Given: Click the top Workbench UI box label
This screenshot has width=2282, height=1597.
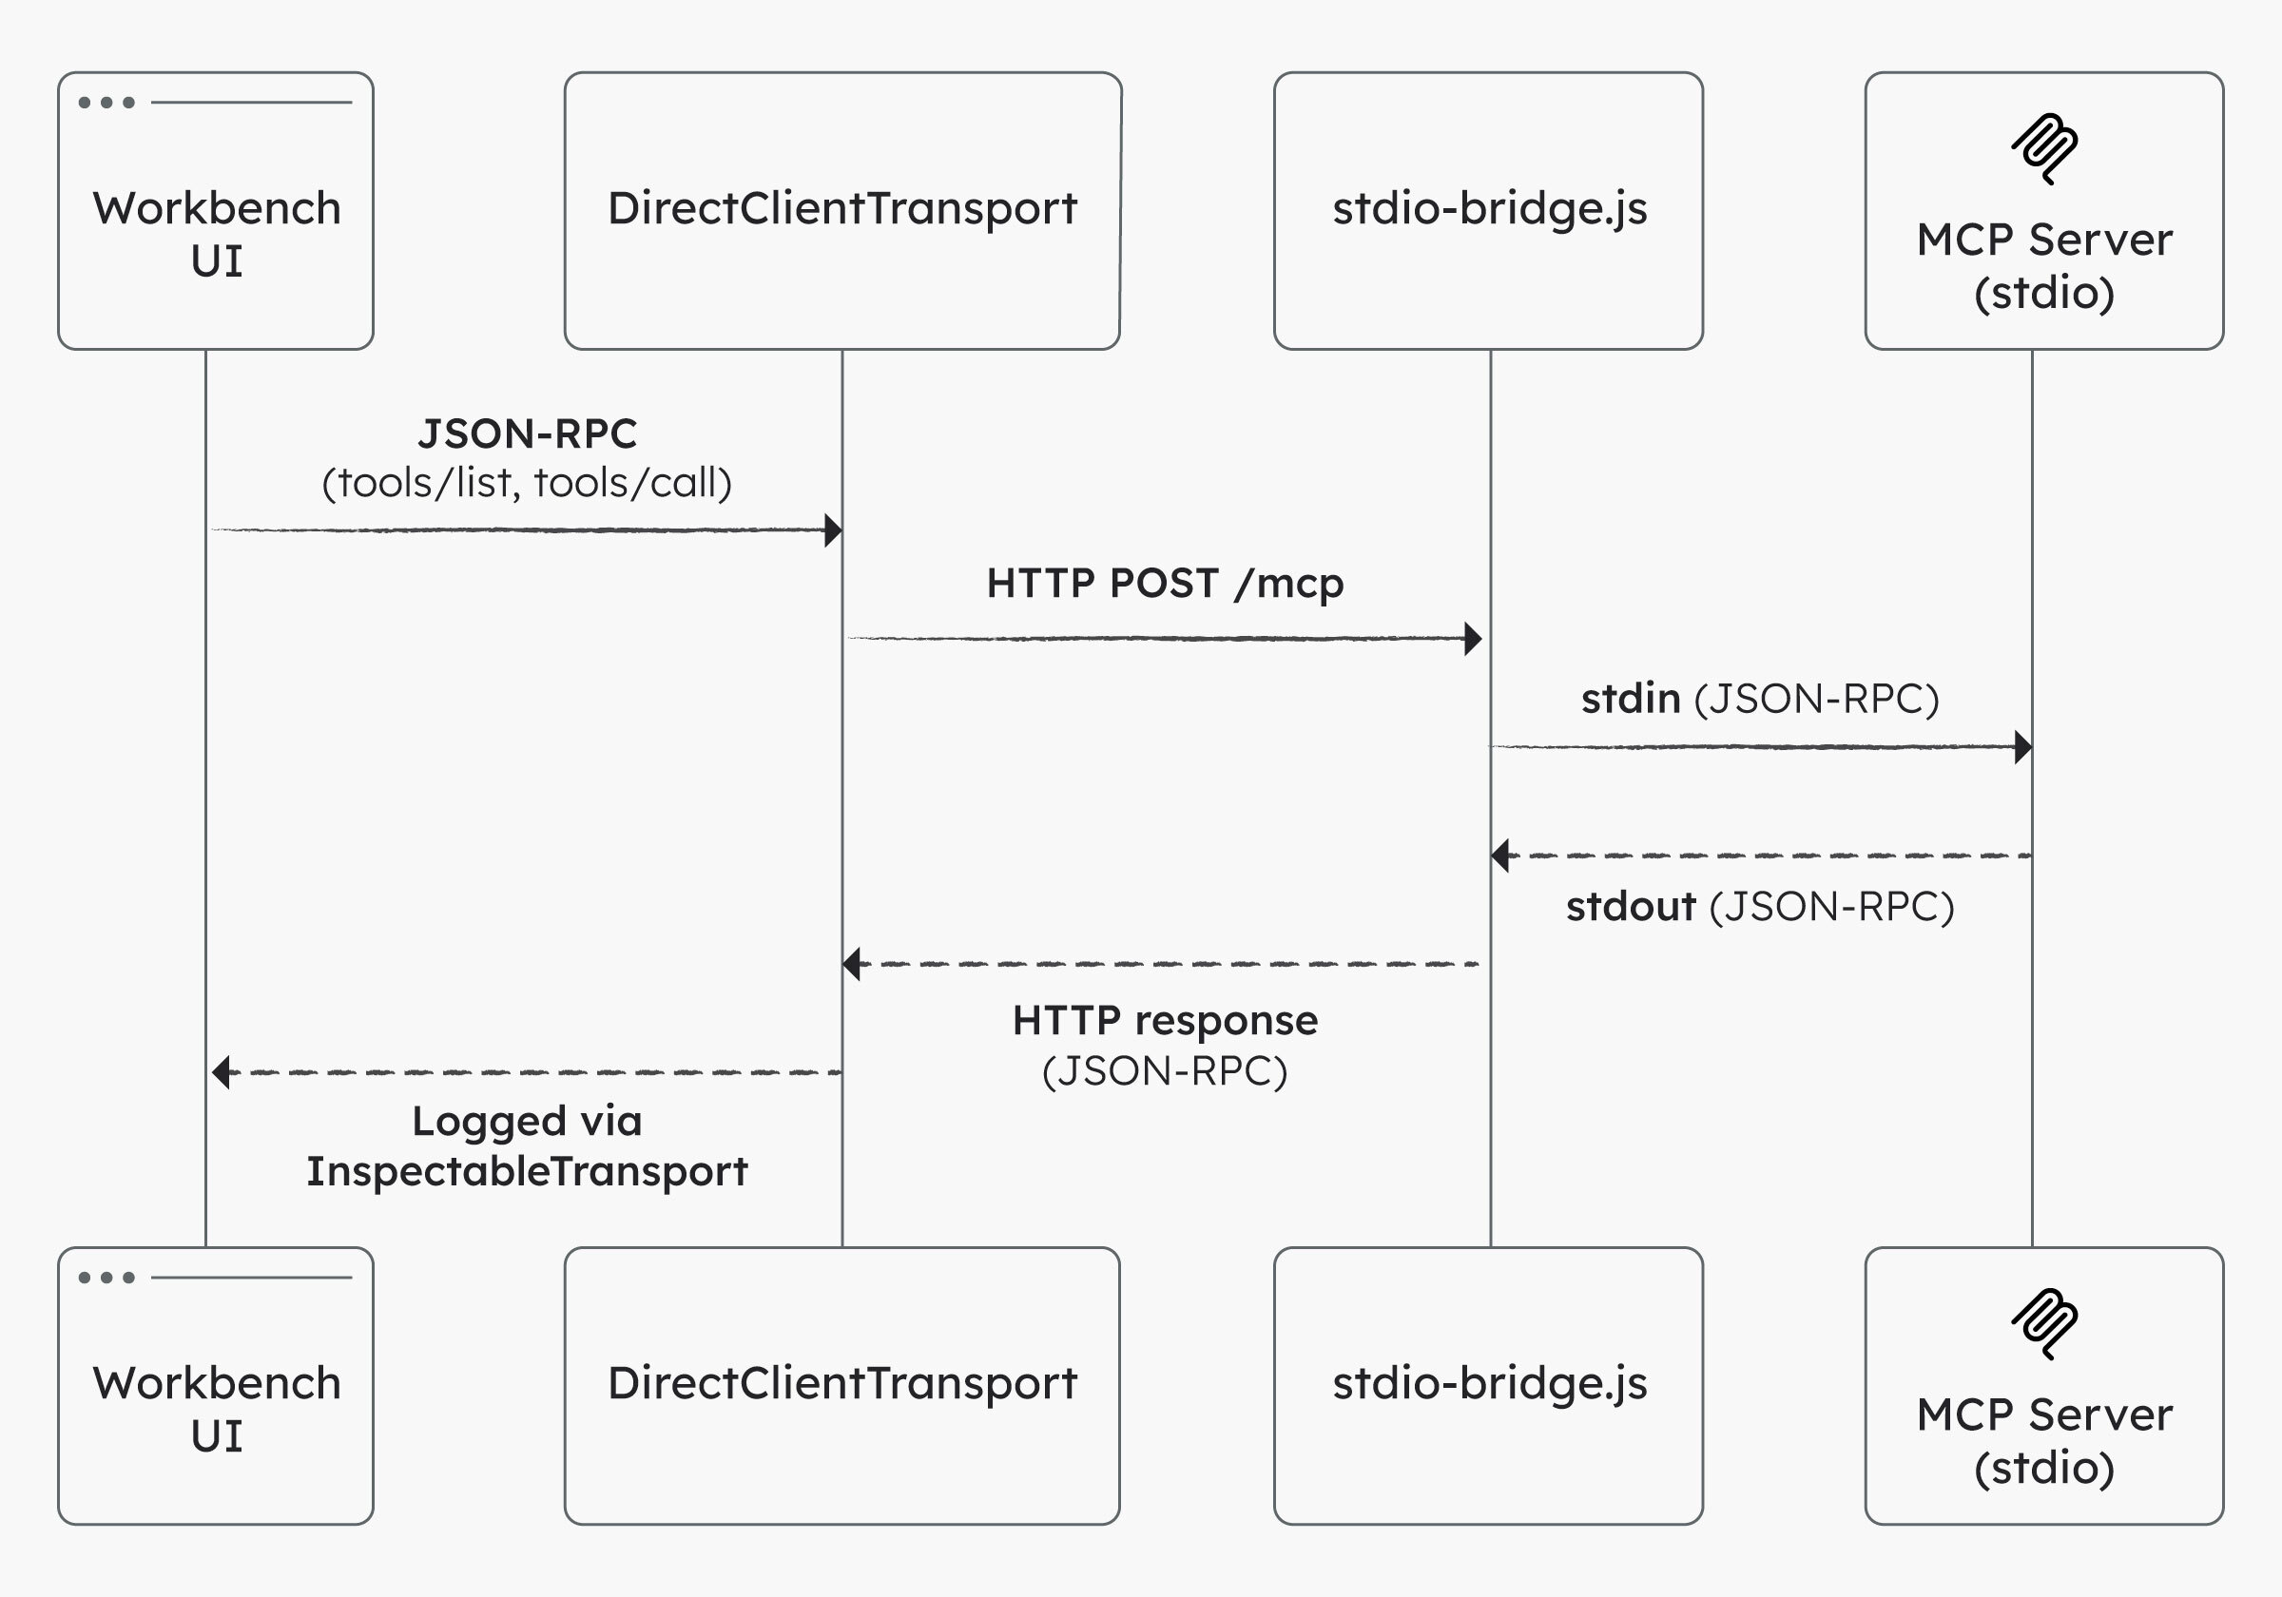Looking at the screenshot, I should point(217,235).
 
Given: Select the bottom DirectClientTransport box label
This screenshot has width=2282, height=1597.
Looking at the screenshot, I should point(841,1382).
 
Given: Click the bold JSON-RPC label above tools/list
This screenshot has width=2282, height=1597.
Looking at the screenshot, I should point(527,433).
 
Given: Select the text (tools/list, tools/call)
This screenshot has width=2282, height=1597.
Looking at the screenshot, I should point(527,483).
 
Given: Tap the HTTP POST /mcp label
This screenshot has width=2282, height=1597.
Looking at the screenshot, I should point(1165,584).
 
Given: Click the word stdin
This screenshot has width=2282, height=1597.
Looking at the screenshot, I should point(1630,699).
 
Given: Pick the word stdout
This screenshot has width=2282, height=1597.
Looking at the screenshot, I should point(1630,906).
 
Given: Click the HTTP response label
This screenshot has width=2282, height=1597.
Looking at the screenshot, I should point(1165,1021).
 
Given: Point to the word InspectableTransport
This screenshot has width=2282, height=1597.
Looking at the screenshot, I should point(527,1171).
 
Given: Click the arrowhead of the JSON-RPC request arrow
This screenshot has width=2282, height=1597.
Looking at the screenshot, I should point(833,529).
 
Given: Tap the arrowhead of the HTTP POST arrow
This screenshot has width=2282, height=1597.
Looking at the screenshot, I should point(1473,638).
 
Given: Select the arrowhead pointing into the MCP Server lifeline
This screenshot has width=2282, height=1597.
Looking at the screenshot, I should point(2022,746).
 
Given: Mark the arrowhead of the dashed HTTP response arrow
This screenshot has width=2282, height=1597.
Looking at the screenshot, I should point(852,963).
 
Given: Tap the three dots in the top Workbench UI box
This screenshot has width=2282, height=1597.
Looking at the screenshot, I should point(106,103).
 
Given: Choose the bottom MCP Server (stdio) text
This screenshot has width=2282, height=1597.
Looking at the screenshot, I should point(2044,1441).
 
